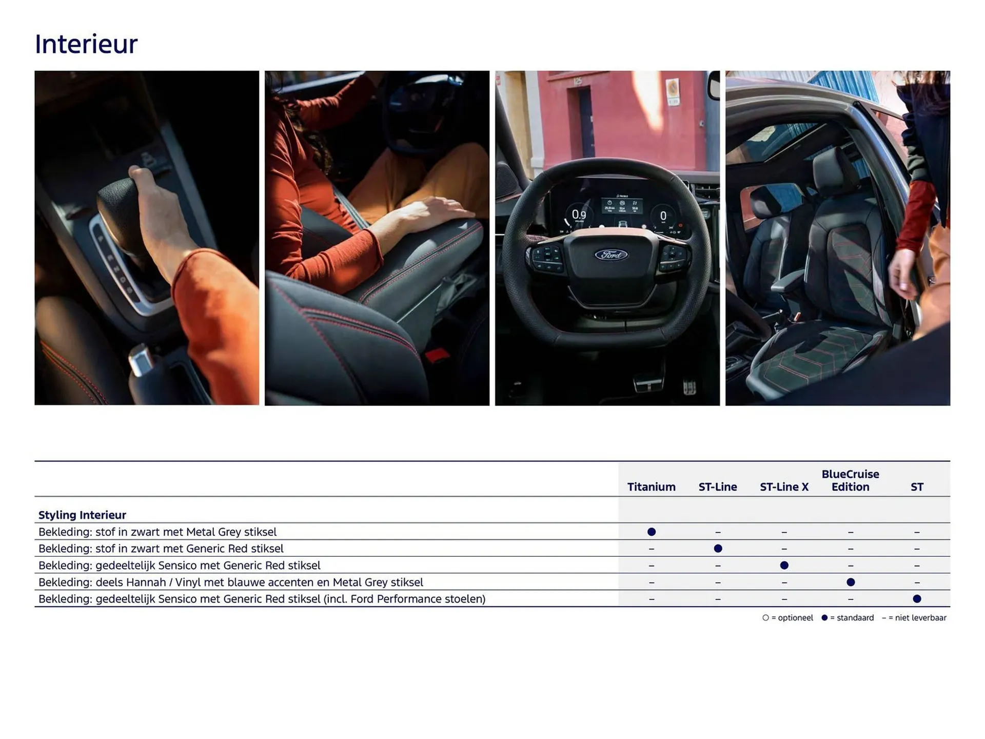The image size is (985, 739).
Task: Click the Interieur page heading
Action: click(86, 44)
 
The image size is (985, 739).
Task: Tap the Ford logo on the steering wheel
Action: click(611, 255)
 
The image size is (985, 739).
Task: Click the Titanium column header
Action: click(651, 487)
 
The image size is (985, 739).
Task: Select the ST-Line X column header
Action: click(783, 487)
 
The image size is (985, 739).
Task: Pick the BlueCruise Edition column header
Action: click(850, 480)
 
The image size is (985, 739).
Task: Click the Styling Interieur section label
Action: click(82, 515)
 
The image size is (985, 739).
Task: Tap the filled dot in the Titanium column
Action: click(652, 532)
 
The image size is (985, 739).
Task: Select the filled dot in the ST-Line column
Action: click(718, 549)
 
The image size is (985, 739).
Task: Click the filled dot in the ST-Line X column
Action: click(784, 565)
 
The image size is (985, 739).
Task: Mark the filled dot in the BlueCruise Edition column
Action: click(851, 582)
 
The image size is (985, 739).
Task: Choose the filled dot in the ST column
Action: click(917, 598)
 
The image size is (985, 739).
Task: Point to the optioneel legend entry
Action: click(788, 618)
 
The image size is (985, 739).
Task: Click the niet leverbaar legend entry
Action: click(915, 618)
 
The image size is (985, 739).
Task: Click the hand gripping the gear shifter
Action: click(154, 205)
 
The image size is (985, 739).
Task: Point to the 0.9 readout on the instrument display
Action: click(579, 215)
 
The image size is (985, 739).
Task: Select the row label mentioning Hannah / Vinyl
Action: click(231, 582)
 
